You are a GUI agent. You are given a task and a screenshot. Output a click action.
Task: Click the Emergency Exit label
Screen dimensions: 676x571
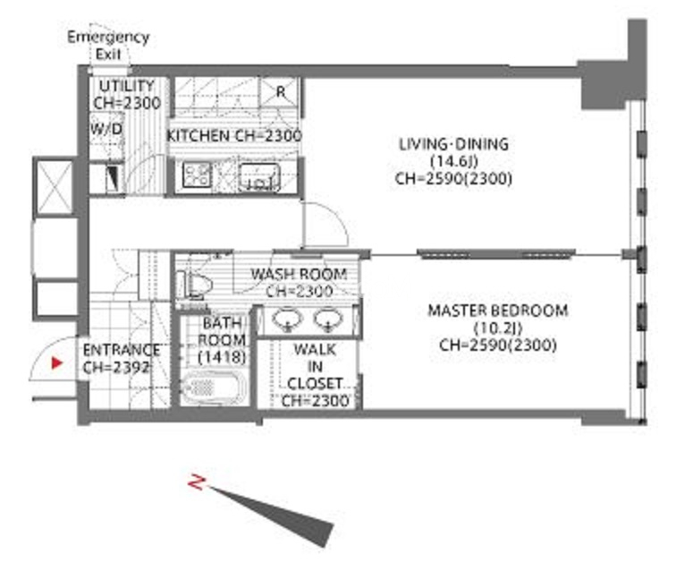108,45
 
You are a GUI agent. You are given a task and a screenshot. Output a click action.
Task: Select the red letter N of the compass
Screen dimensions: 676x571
197,482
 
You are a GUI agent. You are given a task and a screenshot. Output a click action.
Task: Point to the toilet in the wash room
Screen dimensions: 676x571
193,285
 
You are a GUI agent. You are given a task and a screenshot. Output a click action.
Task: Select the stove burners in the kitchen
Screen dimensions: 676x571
197,175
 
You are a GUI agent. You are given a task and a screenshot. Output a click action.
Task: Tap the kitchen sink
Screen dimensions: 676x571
259,176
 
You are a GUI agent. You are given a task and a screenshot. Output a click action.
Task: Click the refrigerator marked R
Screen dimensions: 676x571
279,92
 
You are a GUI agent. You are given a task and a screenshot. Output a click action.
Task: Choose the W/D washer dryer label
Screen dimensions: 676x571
106,129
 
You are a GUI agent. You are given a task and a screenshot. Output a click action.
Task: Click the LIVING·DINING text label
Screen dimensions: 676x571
453,144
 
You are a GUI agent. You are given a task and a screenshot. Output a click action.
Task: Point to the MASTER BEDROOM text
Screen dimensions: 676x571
497,311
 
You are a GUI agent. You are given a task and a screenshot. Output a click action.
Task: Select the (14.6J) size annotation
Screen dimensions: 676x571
454,161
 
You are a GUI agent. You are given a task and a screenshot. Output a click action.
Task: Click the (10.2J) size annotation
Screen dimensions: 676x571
498,328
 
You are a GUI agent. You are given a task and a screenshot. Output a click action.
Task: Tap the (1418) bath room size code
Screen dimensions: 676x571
222,357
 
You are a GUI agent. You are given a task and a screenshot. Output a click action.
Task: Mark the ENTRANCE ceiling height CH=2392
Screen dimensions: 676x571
116,367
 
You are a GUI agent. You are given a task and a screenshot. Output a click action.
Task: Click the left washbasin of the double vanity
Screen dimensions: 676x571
288,320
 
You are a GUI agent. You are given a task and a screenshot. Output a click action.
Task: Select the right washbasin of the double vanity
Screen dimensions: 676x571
328,320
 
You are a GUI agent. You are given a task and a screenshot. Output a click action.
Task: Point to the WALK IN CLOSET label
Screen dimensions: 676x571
315,375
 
